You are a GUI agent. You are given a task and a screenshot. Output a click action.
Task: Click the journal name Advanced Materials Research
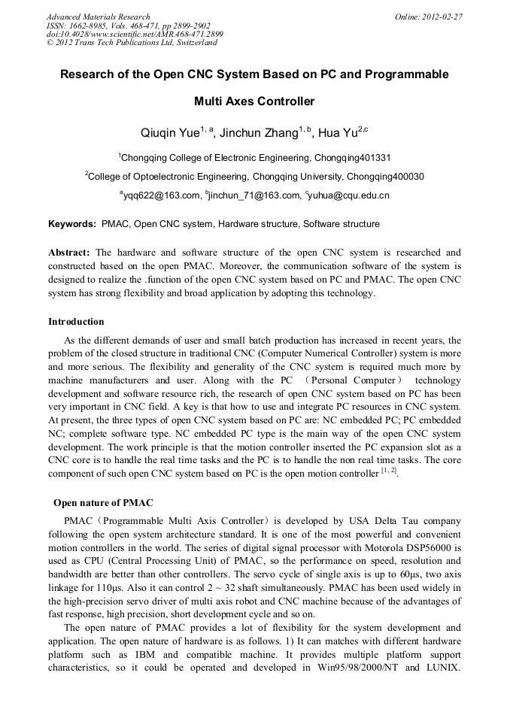(x=98, y=17)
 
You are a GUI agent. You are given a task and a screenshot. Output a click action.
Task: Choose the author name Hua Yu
(x=336, y=134)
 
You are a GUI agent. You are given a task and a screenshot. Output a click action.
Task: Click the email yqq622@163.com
(x=162, y=196)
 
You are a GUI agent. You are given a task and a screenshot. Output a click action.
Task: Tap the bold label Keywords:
(x=72, y=224)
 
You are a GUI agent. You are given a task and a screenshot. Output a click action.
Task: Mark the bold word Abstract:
(x=69, y=253)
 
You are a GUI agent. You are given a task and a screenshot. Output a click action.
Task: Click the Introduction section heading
(x=76, y=322)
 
